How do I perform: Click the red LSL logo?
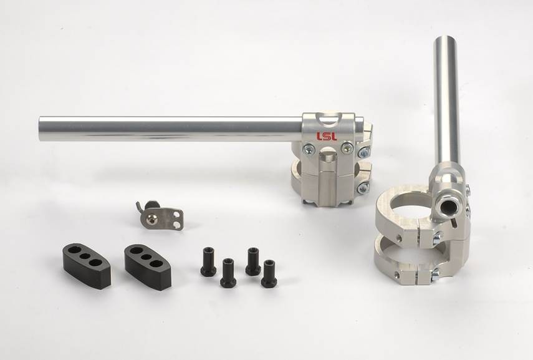(x=327, y=137)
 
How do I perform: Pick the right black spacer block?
(x=148, y=261)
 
